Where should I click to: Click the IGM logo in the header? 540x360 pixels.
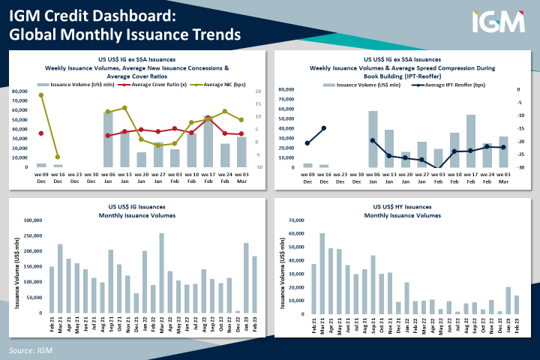[498, 22]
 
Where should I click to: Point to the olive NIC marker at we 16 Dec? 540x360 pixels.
[58, 157]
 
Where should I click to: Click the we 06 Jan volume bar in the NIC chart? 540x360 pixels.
[108, 139]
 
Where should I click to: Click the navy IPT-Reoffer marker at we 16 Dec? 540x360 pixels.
[324, 128]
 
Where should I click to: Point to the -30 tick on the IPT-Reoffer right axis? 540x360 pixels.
[520, 167]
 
